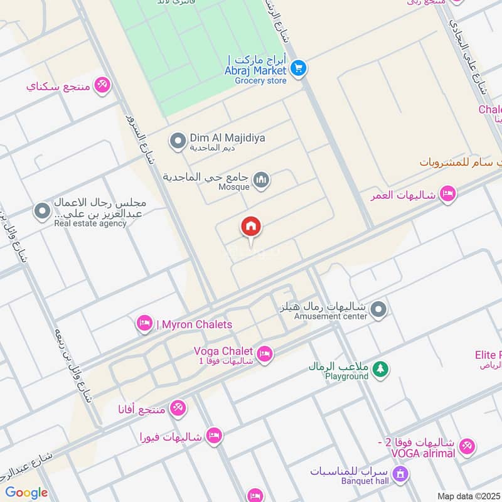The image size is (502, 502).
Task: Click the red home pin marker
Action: click(x=252, y=227)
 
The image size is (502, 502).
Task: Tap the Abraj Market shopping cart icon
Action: click(x=299, y=68)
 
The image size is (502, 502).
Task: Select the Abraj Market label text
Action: click(x=260, y=71)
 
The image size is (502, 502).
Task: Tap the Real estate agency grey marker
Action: click(x=42, y=211)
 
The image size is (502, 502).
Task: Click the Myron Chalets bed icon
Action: click(x=144, y=324)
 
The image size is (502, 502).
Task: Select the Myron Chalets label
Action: click(x=194, y=324)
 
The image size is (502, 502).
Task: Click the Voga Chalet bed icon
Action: click(x=265, y=355)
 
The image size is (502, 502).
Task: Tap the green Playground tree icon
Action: click(x=380, y=370)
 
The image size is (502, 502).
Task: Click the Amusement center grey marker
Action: click(x=378, y=309)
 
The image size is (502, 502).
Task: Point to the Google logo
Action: click(x=26, y=493)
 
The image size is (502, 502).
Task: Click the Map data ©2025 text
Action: click(x=469, y=496)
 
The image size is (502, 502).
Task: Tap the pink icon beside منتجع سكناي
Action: click(x=102, y=85)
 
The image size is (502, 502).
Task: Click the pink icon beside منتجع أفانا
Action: click(x=178, y=409)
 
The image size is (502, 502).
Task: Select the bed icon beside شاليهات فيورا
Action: click(x=214, y=436)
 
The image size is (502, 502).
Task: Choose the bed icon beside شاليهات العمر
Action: click(x=447, y=193)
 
